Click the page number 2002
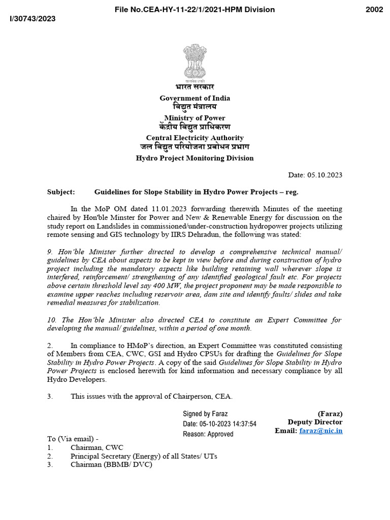tap(374, 9)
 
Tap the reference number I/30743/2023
tap(32, 19)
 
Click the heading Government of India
tap(195, 98)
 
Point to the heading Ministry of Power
tap(195, 118)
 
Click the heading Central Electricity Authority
tap(195, 138)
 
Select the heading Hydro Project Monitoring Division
tap(195, 158)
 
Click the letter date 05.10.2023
tap(324, 175)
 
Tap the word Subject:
tap(61, 192)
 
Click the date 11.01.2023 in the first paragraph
tap(139, 209)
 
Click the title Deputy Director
tap(315, 422)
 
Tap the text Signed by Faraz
tap(206, 414)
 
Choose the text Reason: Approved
tap(208, 434)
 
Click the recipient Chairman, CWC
tap(96, 447)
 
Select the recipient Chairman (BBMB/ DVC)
tap(111, 465)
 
